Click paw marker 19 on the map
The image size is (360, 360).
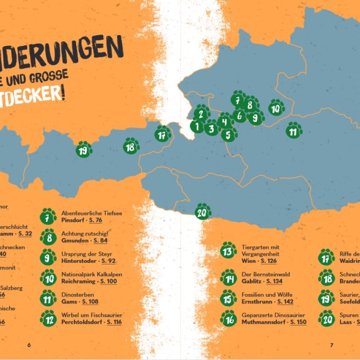pos(84,150)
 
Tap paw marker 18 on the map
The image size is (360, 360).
pos(131,146)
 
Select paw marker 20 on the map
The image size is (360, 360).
pos(203,211)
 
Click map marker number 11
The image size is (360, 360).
pos(293,131)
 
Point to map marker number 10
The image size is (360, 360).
pos(276,108)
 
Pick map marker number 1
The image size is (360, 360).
pos(197,126)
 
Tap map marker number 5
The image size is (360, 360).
pos(229,134)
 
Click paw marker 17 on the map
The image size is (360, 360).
pos(162,134)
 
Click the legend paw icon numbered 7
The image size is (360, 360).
pos(48,216)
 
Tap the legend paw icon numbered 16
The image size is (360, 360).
pos(229,319)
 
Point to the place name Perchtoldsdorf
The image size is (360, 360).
pos(83,322)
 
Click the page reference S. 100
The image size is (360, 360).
pos(108,281)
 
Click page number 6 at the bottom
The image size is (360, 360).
pos(29,345)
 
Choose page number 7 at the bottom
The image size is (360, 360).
pos(332,345)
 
